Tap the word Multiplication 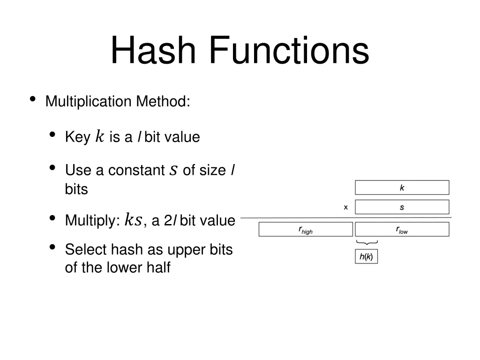(x=89, y=101)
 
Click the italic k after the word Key (x=99, y=136)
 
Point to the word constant (x=136, y=170)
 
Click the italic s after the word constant (x=173, y=170)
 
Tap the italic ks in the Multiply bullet (x=133, y=220)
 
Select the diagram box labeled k (x=402, y=187)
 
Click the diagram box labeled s (x=402, y=207)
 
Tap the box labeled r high (x=306, y=230)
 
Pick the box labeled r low (x=402, y=230)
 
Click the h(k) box (x=366, y=256)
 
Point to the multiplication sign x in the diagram (x=346, y=207)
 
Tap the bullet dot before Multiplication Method (x=33, y=99)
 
